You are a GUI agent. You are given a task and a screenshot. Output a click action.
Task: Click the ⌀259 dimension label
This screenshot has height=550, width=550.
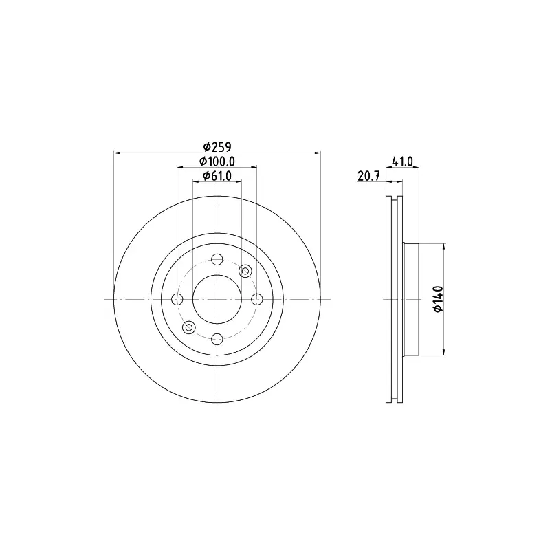tap(217, 146)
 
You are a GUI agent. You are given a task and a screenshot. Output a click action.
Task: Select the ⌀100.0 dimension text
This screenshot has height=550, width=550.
tap(217, 162)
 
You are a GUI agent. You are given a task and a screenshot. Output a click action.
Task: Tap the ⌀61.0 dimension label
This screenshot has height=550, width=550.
tap(217, 176)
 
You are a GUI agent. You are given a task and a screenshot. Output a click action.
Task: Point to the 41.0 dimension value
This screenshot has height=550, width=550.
tap(402, 162)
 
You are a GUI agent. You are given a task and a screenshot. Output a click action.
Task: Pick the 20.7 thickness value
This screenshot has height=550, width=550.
tap(368, 176)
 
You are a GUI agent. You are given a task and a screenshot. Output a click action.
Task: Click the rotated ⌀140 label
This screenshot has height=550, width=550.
tap(439, 299)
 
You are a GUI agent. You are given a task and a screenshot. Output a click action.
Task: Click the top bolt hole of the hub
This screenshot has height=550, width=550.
tap(217, 260)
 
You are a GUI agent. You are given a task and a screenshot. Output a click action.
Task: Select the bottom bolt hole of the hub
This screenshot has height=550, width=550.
tap(217, 339)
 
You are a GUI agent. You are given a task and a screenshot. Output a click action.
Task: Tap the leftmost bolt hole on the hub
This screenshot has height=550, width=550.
tap(177, 299)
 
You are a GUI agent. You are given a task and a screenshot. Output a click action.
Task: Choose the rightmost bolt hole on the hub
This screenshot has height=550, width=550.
tap(257, 299)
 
